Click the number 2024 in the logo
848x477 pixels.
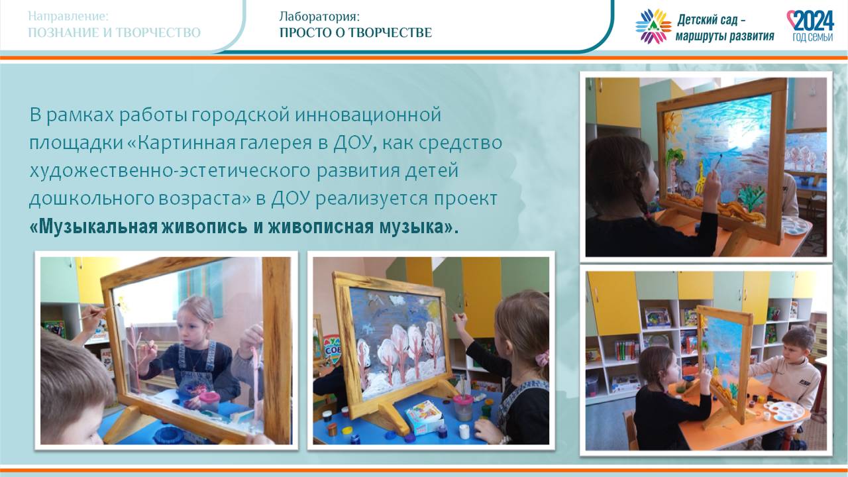(813, 21)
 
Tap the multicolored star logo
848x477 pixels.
(653, 26)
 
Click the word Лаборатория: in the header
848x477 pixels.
(319, 17)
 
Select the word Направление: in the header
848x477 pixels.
(68, 17)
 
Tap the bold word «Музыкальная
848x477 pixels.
(93, 227)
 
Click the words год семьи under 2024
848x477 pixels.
(812, 37)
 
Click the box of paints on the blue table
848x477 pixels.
(424, 417)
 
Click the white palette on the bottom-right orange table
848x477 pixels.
(784, 411)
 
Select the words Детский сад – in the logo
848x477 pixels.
(712, 20)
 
